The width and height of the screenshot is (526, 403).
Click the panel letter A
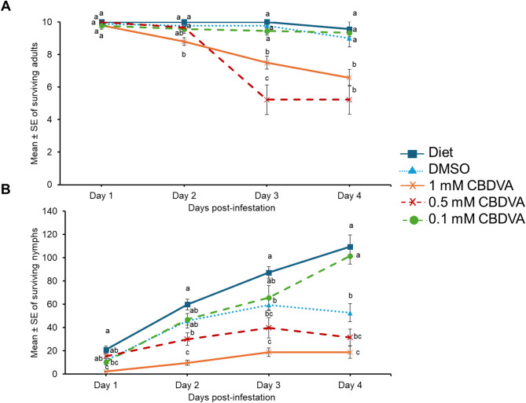click(7, 7)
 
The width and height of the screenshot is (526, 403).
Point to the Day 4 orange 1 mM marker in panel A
click(349, 78)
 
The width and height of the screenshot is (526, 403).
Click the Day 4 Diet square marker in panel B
click(349, 247)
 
